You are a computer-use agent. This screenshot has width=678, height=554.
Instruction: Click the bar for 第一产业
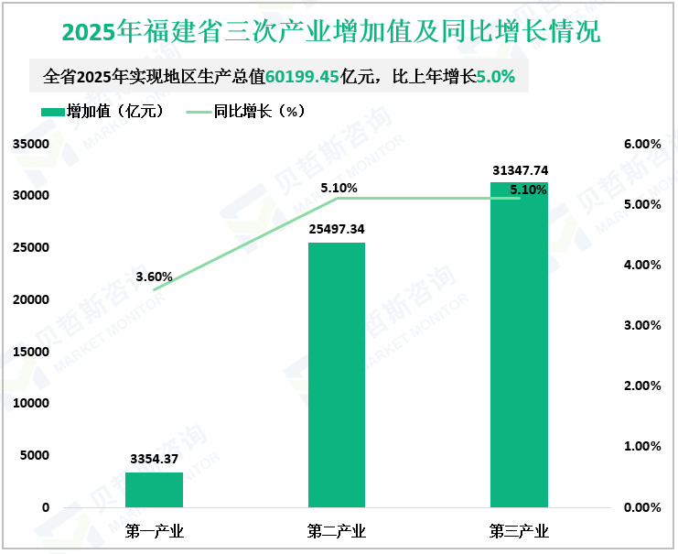point(154,490)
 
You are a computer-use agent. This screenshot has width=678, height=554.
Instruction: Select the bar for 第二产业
point(337,375)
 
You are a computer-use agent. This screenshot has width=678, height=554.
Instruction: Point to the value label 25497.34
point(338,229)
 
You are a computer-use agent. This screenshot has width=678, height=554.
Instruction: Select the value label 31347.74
point(520,170)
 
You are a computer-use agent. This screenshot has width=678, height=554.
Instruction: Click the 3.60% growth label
point(154,276)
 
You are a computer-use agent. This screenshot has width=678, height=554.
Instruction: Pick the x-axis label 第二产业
point(337,531)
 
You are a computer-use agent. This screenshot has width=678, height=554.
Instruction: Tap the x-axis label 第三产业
point(519,531)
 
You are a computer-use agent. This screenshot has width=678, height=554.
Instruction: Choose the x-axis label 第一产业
point(154,531)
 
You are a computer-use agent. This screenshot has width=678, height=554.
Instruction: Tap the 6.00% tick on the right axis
point(642,145)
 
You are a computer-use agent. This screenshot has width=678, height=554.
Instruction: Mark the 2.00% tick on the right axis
point(642,386)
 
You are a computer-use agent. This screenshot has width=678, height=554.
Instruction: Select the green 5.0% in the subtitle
point(495,77)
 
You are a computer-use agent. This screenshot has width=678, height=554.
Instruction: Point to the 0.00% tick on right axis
point(642,507)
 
